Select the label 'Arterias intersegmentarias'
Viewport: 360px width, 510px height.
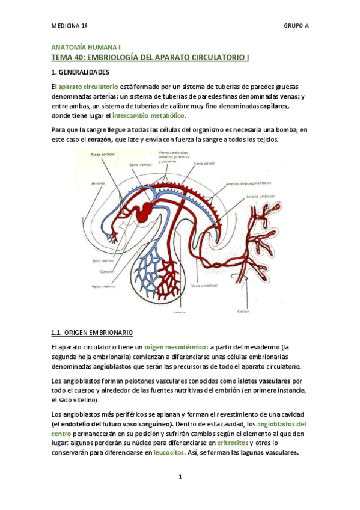(x=248, y=183)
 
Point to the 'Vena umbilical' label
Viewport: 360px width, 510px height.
(x=204, y=286)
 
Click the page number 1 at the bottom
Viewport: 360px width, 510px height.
(x=180, y=476)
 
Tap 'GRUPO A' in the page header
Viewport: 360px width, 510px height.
(x=296, y=26)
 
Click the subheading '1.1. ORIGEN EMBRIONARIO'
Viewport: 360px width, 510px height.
(x=92, y=333)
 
